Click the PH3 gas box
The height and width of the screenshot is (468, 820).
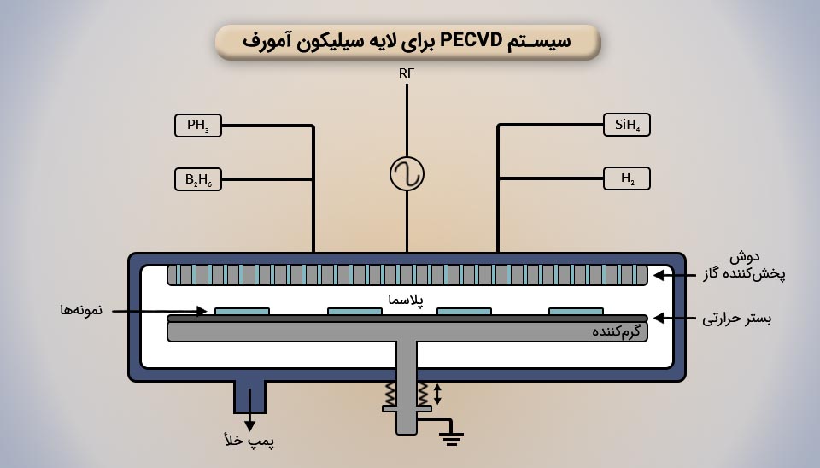(198, 126)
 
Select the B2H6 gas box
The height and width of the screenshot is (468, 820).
(198, 179)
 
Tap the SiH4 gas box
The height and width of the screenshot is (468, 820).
(626, 126)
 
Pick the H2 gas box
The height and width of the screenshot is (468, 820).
(626, 178)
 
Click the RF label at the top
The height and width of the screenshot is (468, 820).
(407, 73)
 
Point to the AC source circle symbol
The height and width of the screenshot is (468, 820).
(407, 174)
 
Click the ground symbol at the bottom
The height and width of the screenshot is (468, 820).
(451, 438)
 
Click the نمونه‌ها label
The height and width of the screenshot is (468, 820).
(82, 310)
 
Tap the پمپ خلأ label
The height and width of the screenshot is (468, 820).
(249, 441)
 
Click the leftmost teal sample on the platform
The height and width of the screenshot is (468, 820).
(242, 312)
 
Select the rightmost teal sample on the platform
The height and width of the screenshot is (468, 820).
(576, 312)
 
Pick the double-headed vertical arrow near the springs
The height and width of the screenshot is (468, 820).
(438, 394)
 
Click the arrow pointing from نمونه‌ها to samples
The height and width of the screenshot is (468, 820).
(159, 311)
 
